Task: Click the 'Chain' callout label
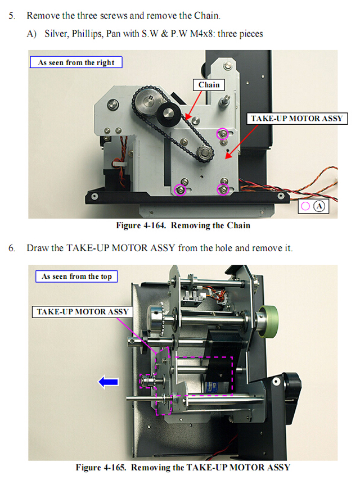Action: click(x=209, y=85)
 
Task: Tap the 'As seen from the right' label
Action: click(x=76, y=62)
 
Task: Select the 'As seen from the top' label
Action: click(x=76, y=276)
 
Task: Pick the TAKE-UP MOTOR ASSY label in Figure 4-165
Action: click(x=83, y=311)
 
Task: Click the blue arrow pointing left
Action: click(x=108, y=382)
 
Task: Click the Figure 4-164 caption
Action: click(x=183, y=226)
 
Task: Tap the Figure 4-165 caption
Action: click(x=183, y=468)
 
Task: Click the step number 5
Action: click(x=11, y=15)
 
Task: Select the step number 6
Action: click(x=11, y=248)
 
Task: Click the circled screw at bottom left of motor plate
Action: click(x=181, y=189)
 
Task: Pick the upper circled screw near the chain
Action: click(x=223, y=134)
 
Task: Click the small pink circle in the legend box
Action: click(x=305, y=206)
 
